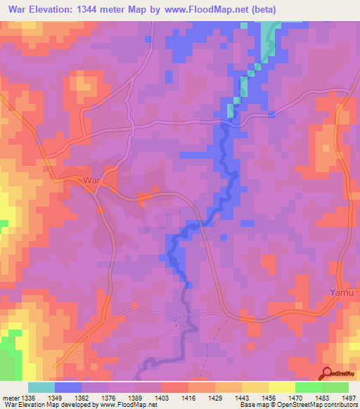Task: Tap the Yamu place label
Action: pyautogui.click(x=342, y=292)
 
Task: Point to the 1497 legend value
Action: pyautogui.click(x=349, y=397)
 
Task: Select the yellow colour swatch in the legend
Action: pyautogui.click(x=282, y=387)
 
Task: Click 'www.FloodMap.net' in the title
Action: pyautogui.click(x=210, y=10)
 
